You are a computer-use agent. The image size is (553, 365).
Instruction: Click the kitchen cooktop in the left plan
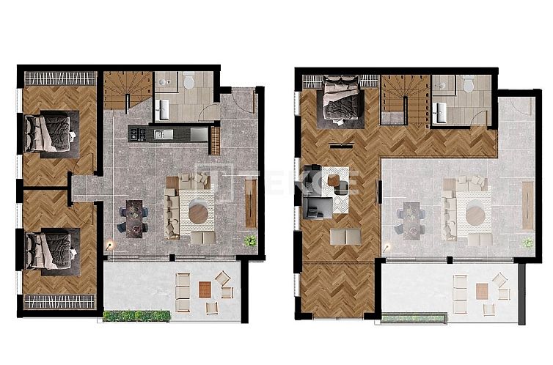tap(140, 133)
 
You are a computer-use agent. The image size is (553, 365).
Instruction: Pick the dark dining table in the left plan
tap(134, 218)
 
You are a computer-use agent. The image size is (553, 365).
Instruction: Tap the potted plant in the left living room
tap(251, 240)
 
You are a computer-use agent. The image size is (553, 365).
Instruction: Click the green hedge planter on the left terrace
tap(137, 316)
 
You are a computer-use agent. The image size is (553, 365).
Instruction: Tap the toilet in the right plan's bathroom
tap(468, 85)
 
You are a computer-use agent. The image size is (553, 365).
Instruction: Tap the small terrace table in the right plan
tap(480, 291)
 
